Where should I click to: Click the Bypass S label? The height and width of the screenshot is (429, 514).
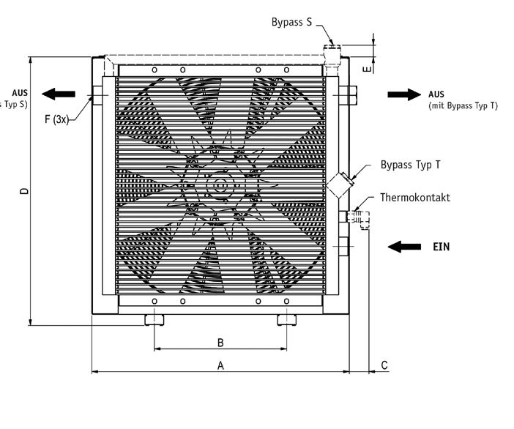click(291, 22)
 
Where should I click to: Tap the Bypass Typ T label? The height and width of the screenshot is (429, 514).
click(410, 165)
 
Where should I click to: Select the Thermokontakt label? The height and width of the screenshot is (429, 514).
click(414, 198)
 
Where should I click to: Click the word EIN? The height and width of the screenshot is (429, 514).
click(441, 247)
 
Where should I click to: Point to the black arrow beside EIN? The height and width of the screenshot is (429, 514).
click(404, 247)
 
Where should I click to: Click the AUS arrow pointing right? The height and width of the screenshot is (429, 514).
click(404, 94)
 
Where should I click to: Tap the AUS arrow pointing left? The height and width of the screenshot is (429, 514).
click(59, 94)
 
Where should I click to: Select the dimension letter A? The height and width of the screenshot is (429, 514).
click(220, 365)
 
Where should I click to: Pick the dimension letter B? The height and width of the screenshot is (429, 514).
click(220, 343)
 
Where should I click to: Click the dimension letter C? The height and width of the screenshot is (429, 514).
click(384, 365)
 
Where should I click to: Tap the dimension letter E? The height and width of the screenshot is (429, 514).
click(368, 68)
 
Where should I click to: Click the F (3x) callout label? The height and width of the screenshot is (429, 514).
click(56, 119)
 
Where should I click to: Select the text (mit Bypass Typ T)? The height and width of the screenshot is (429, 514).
click(463, 105)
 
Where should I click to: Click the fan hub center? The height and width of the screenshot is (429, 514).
click(217, 187)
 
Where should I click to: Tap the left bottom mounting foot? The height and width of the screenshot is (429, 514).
click(154, 319)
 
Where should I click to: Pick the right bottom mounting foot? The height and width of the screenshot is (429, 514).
click(286, 319)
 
